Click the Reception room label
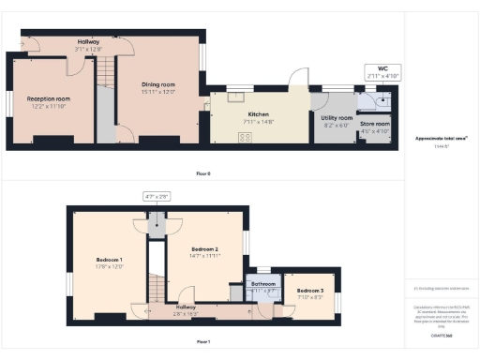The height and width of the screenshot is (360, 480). (49, 97)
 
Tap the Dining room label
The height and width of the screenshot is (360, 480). (157, 84)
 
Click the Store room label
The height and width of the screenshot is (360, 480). (376, 125)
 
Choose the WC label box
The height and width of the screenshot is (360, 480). (381, 70)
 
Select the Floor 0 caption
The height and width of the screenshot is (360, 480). (203, 173)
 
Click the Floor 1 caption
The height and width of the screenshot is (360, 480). (203, 342)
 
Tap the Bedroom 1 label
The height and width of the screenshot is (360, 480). (110, 260)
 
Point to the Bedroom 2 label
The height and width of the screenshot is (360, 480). (204, 249)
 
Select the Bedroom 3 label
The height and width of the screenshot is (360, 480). (310, 291)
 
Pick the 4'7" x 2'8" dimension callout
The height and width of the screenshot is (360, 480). (156, 196)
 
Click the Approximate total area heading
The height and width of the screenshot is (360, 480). (442, 139)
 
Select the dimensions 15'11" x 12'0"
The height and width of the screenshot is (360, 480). (157, 92)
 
